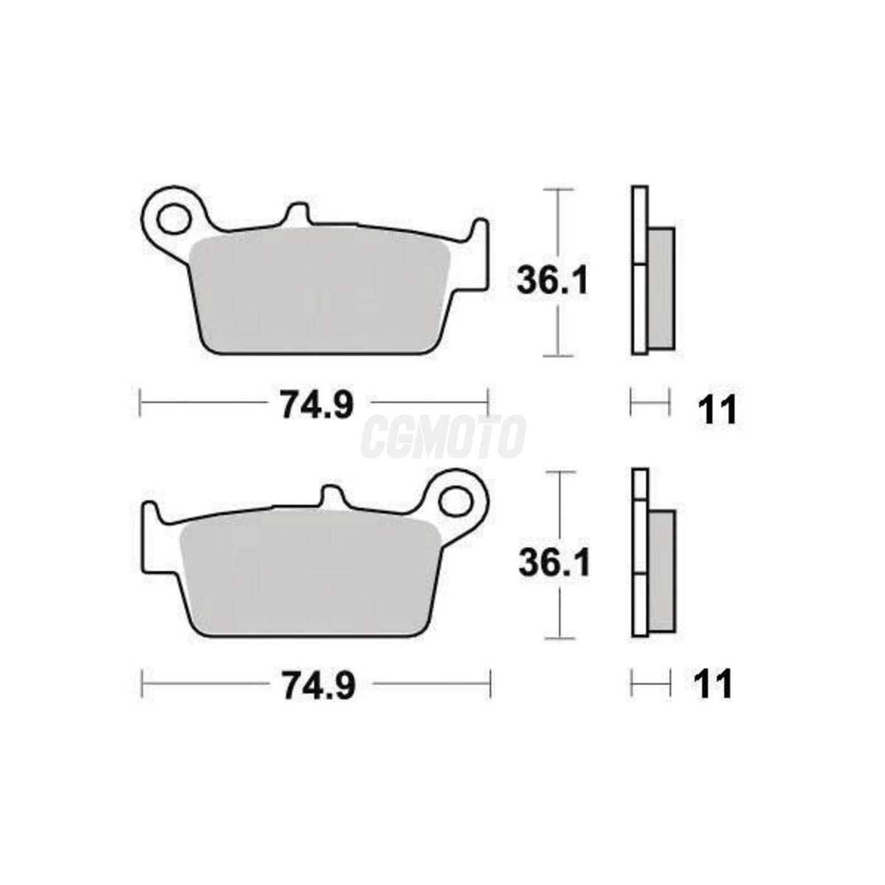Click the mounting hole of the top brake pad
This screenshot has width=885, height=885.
click(173, 221)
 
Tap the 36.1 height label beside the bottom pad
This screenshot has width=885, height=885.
click(554, 563)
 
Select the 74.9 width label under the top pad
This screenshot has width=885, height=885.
click(317, 405)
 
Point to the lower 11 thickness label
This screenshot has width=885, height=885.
click(713, 685)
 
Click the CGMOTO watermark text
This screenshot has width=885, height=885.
click(442, 437)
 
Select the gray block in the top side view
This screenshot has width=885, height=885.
click(661, 288)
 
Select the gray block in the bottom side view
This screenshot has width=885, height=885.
click(662, 571)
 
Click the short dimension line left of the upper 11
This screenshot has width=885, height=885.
click(650, 401)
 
